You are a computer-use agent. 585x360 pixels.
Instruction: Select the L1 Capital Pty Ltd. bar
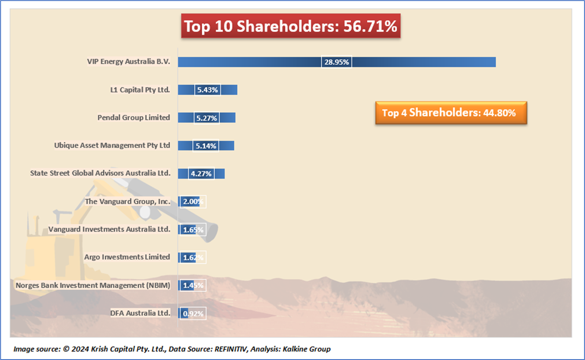click(229, 90)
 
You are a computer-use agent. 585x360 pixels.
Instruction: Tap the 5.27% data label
click(207, 118)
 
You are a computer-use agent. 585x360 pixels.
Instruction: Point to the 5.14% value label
click(206, 146)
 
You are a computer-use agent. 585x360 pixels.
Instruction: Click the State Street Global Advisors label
click(100, 173)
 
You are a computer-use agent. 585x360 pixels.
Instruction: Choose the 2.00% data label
click(193, 201)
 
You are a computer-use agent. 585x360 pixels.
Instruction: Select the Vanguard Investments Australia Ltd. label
click(109, 229)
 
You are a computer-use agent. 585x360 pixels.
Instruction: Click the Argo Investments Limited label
click(127, 257)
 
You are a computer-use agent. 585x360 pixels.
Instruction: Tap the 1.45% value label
click(193, 285)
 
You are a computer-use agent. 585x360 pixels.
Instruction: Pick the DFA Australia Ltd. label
click(140, 313)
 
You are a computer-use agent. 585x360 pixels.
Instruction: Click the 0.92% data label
click(193, 313)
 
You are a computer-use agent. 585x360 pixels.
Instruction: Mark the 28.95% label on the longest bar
click(337, 62)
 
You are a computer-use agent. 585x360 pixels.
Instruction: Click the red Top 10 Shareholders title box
click(290, 26)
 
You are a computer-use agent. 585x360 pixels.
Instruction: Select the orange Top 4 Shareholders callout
click(451, 113)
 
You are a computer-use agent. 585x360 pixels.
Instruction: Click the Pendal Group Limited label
click(134, 118)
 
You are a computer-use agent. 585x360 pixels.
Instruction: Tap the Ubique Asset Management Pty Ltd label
click(112, 146)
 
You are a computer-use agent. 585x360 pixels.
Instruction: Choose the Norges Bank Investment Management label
click(93, 285)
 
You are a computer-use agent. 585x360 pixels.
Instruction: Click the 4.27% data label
click(201, 174)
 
